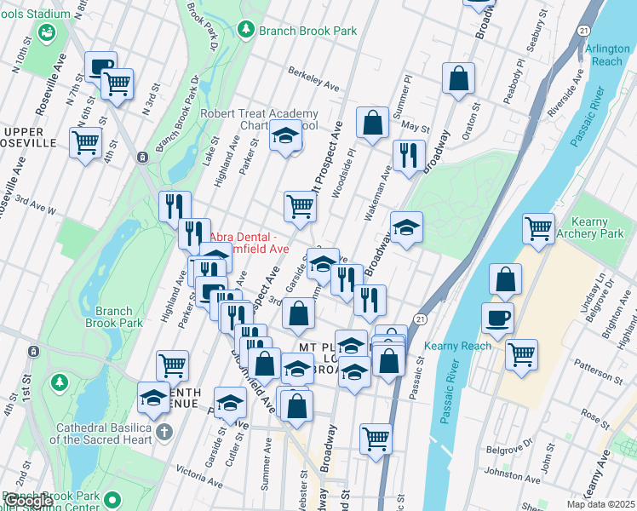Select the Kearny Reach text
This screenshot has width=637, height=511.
point(458,346)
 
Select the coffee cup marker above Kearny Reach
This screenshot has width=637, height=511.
point(497,319)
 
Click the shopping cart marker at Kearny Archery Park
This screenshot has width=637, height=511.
point(538,228)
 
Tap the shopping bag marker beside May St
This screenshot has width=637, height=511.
point(372,123)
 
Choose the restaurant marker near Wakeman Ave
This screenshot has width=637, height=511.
point(409,156)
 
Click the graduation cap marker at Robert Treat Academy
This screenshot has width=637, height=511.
point(286,135)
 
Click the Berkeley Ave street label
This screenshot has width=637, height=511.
point(313,78)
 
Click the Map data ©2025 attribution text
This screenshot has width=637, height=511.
point(600,504)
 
